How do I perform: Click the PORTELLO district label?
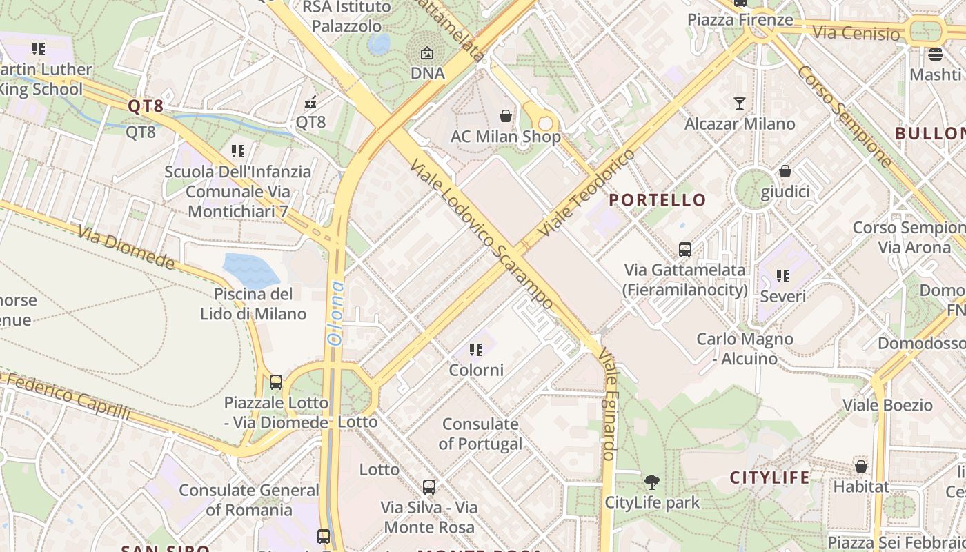click(x=658, y=200)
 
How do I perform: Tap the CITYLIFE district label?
click(x=770, y=477)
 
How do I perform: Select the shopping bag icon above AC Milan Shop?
click(x=506, y=115)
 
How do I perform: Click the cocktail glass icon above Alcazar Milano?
click(x=740, y=103)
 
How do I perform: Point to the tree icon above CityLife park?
click(x=651, y=482)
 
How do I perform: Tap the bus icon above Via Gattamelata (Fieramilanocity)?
click(x=685, y=249)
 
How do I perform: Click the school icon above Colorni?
click(x=476, y=350)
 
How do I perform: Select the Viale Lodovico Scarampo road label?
click(x=481, y=235)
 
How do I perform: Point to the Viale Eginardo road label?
click(x=607, y=404)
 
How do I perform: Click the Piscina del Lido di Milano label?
click(x=253, y=304)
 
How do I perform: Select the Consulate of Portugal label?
click(x=480, y=433)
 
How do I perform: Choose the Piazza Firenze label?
click(x=740, y=19)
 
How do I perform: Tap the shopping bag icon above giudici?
click(x=785, y=171)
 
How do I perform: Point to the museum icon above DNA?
click(x=427, y=53)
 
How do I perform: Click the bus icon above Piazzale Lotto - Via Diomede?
click(x=276, y=382)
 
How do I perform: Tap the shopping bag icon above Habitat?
click(x=861, y=466)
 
